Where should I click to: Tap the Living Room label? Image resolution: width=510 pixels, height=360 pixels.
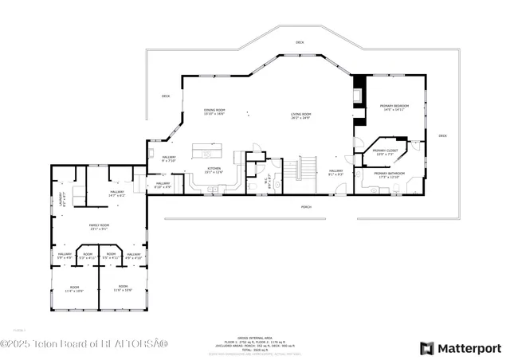tap(300, 115)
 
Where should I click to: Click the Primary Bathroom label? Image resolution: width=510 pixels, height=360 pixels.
tap(390, 173)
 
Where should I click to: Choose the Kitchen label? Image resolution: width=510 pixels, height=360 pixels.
tap(214, 169)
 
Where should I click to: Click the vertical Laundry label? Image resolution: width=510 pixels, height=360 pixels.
tap(61, 199)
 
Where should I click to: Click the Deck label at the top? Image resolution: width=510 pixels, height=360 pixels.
tap(300, 42)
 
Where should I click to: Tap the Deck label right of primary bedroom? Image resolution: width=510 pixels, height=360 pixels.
tap(442, 136)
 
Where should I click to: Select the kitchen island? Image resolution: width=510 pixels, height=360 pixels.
tap(205, 152)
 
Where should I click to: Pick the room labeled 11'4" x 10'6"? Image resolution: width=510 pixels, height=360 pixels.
tap(75, 288)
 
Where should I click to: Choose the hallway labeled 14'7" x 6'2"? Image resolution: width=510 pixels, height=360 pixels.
tap(117, 193)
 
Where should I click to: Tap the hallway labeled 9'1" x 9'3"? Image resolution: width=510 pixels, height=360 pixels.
tap(335, 171)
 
